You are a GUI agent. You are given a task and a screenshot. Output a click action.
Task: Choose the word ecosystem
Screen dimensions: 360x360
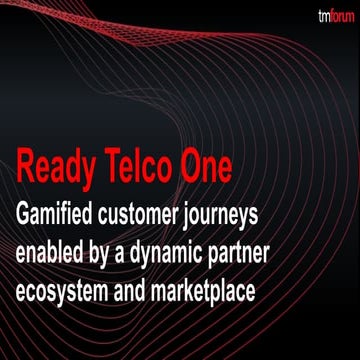click(x=74, y=283)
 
